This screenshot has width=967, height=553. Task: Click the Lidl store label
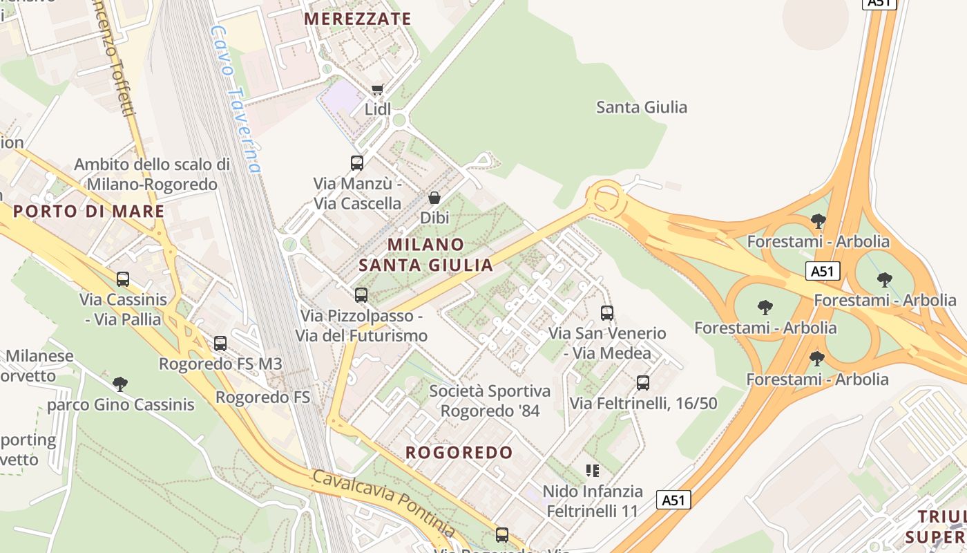378,109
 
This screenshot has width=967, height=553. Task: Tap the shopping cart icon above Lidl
377,89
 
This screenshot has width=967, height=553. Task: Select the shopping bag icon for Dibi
434,198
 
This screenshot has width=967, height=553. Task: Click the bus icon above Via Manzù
357,163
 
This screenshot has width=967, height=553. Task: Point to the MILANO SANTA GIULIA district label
425,254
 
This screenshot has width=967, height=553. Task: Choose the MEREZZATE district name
357,19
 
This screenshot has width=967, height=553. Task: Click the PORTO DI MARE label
89,212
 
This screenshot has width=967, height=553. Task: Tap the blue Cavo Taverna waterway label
237,99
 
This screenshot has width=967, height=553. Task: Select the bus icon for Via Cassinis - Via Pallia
123,279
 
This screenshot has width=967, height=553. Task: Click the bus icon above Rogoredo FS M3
220,343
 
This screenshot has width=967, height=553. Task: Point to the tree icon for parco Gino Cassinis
120,384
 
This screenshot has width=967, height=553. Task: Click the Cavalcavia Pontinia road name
383,503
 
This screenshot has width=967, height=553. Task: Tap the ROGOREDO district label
459,453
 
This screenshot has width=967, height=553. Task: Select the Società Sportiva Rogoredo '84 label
490,401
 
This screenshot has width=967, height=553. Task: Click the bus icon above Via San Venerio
607,313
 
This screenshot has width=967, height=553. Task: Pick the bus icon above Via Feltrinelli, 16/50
643,382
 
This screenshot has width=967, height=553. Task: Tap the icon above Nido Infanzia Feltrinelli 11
592,471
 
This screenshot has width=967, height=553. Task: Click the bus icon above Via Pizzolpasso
361,295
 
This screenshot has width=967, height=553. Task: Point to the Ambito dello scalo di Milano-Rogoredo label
152,174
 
